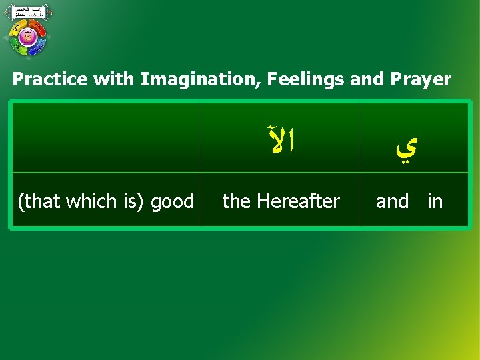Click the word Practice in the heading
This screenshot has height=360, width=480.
pyautogui.click(x=50, y=80)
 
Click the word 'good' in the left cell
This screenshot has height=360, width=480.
pyautogui.click(x=173, y=201)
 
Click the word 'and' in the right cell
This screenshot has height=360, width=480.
pyautogui.click(x=392, y=201)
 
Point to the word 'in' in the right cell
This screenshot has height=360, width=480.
pyautogui.click(x=435, y=201)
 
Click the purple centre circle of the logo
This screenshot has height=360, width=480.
pyautogui.click(x=28, y=37)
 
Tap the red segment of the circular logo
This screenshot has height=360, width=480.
pyautogui.click(x=39, y=28)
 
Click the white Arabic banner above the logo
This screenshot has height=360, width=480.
pyautogui.click(x=29, y=12)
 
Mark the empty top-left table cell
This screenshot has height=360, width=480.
pyautogui.click(x=107, y=138)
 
